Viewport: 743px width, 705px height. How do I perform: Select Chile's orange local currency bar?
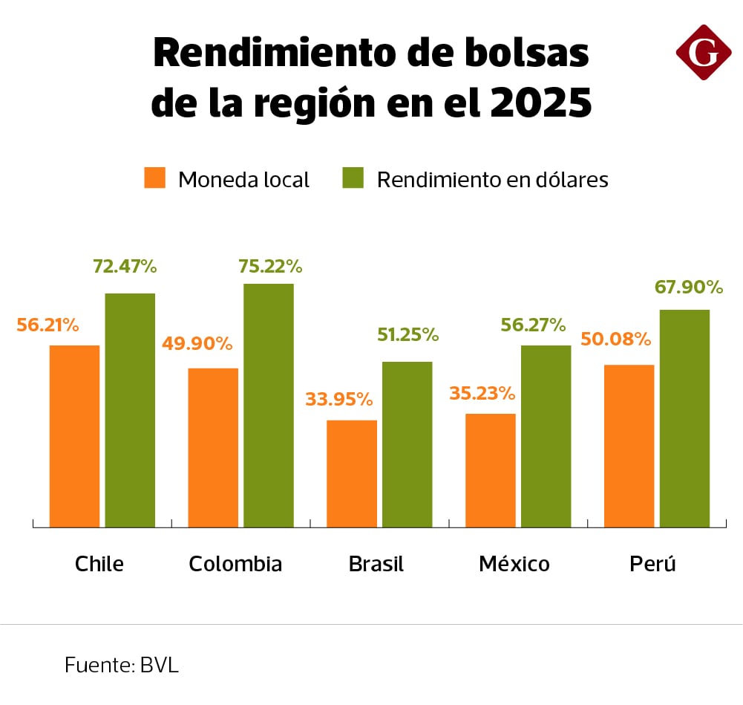coord(74,436)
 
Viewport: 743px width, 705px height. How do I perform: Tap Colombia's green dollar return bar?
coord(269,405)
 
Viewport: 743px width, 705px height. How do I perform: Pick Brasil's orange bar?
coord(352,473)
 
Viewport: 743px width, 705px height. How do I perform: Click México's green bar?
coord(546,436)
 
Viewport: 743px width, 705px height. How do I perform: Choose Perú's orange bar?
coord(629,446)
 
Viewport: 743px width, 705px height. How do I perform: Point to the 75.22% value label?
coord(270,266)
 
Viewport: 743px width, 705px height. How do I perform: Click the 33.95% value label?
coord(339,400)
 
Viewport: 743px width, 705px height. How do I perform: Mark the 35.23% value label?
coord(482,392)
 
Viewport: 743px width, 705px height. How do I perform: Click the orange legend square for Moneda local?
coord(155,178)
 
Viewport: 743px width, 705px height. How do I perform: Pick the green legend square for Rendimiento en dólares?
coord(353,178)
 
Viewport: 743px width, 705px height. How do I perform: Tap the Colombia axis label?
coord(235,564)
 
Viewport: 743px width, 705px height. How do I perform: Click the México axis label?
coord(514,564)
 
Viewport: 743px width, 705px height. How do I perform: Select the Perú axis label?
coord(653,564)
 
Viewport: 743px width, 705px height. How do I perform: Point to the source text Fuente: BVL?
coord(122,665)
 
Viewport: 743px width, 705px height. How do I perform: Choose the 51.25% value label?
coord(408,334)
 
